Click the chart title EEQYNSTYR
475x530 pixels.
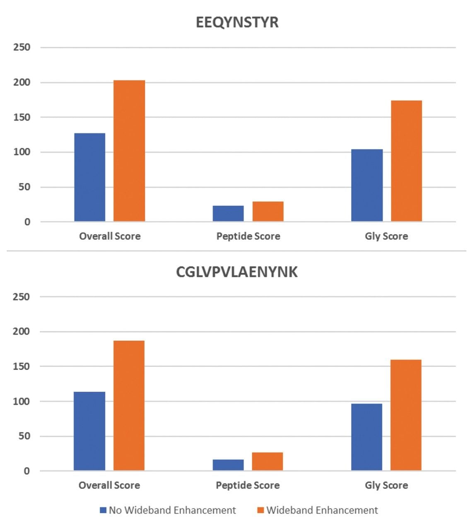pos(237,22)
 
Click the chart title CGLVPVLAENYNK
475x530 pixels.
pos(237,272)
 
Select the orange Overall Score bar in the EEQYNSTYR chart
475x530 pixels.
pos(129,151)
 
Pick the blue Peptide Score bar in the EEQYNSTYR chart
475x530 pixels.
pos(228,214)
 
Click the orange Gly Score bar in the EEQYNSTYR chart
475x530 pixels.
pos(406,161)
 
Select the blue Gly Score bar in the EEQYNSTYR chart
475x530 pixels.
pos(367,185)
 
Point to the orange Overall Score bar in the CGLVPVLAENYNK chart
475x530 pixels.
pos(129,406)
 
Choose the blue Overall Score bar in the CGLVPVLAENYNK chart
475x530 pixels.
pos(89,431)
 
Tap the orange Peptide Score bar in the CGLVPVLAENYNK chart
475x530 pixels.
pos(268,462)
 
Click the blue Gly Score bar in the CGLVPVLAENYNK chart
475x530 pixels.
pos(366,437)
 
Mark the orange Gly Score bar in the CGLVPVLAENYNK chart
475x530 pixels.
pos(406,415)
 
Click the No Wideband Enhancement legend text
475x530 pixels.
pos(172,510)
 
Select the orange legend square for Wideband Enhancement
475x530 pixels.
pos(260,510)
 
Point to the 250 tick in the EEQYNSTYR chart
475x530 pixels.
pos(22,47)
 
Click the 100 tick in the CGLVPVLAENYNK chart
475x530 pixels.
pos(22,402)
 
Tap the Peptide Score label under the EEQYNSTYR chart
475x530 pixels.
pos(248,236)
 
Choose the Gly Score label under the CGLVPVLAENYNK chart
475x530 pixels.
pos(386,485)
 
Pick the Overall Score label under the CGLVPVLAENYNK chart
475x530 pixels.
pos(109,485)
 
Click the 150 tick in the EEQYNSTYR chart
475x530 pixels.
pos(22,117)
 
